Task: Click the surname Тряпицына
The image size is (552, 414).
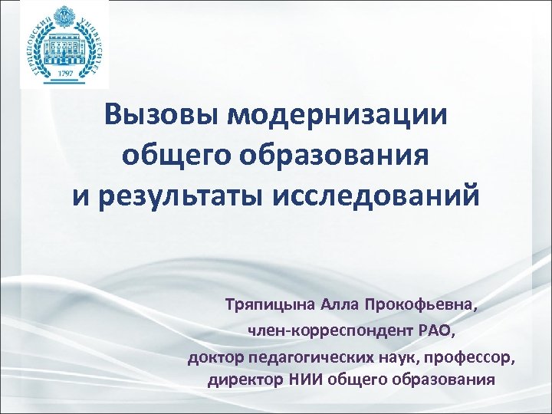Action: [264, 306]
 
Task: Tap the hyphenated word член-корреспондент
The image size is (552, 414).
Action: [331, 331]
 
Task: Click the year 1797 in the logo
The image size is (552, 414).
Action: [65, 73]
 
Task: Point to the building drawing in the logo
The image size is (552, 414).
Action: [64, 43]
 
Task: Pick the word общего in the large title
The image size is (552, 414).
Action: [181, 156]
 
